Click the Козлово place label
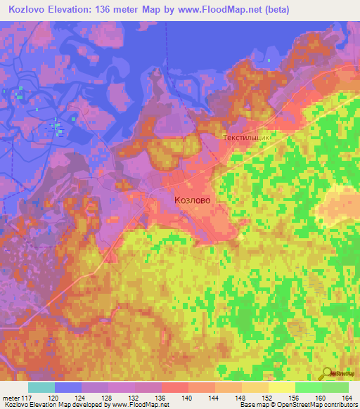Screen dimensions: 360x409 click(192, 200)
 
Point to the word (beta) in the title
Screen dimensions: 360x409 click(273, 10)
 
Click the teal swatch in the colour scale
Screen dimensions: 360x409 click(41, 387)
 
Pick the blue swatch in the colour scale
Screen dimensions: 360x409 click(68, 387)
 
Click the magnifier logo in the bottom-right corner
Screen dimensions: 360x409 click(327, 374)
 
